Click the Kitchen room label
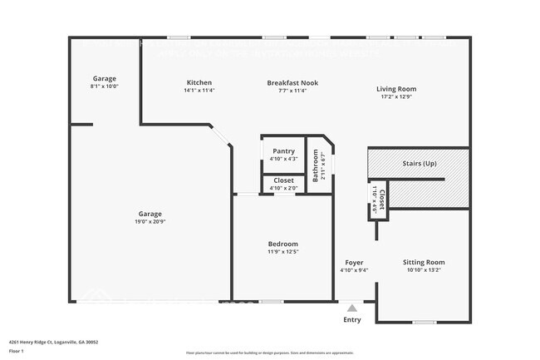[199, 83]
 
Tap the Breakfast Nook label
[292, 83]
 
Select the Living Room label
[396, 89]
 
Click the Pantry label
[283, 150]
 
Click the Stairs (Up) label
[419, 164]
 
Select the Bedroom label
[282, 244]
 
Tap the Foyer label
[355, 262]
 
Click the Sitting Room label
[424, 262]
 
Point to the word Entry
[352, 320]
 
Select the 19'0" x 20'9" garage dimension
[150, 221]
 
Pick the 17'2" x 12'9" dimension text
[396, 96]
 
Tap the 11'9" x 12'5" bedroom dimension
[282, 251]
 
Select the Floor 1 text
[17, 350]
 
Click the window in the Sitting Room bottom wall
[424, 322]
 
